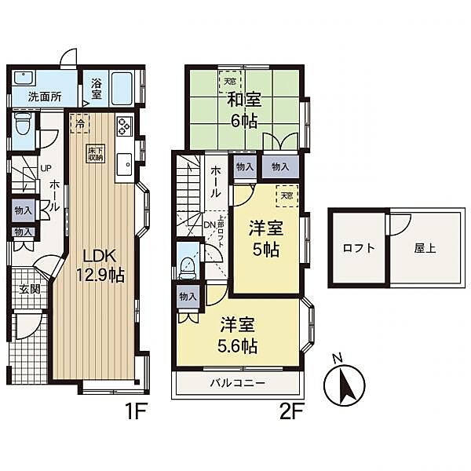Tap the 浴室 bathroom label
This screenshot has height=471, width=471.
pyautogui.click(x=97, y=88)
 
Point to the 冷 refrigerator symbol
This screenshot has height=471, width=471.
pyautogui.click(x=79, y=123)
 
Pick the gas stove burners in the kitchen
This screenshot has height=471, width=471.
pyautogui.click(x=126, y=126)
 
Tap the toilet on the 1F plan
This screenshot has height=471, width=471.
pyautogui.click(x=24, y=124)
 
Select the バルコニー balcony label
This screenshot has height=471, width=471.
pyautogui.click(x=237, y=384)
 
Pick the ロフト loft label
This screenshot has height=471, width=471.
pyautogui.click(x=359, y=248)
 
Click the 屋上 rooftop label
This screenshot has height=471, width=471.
pyautogui.click(x=425, y=248)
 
